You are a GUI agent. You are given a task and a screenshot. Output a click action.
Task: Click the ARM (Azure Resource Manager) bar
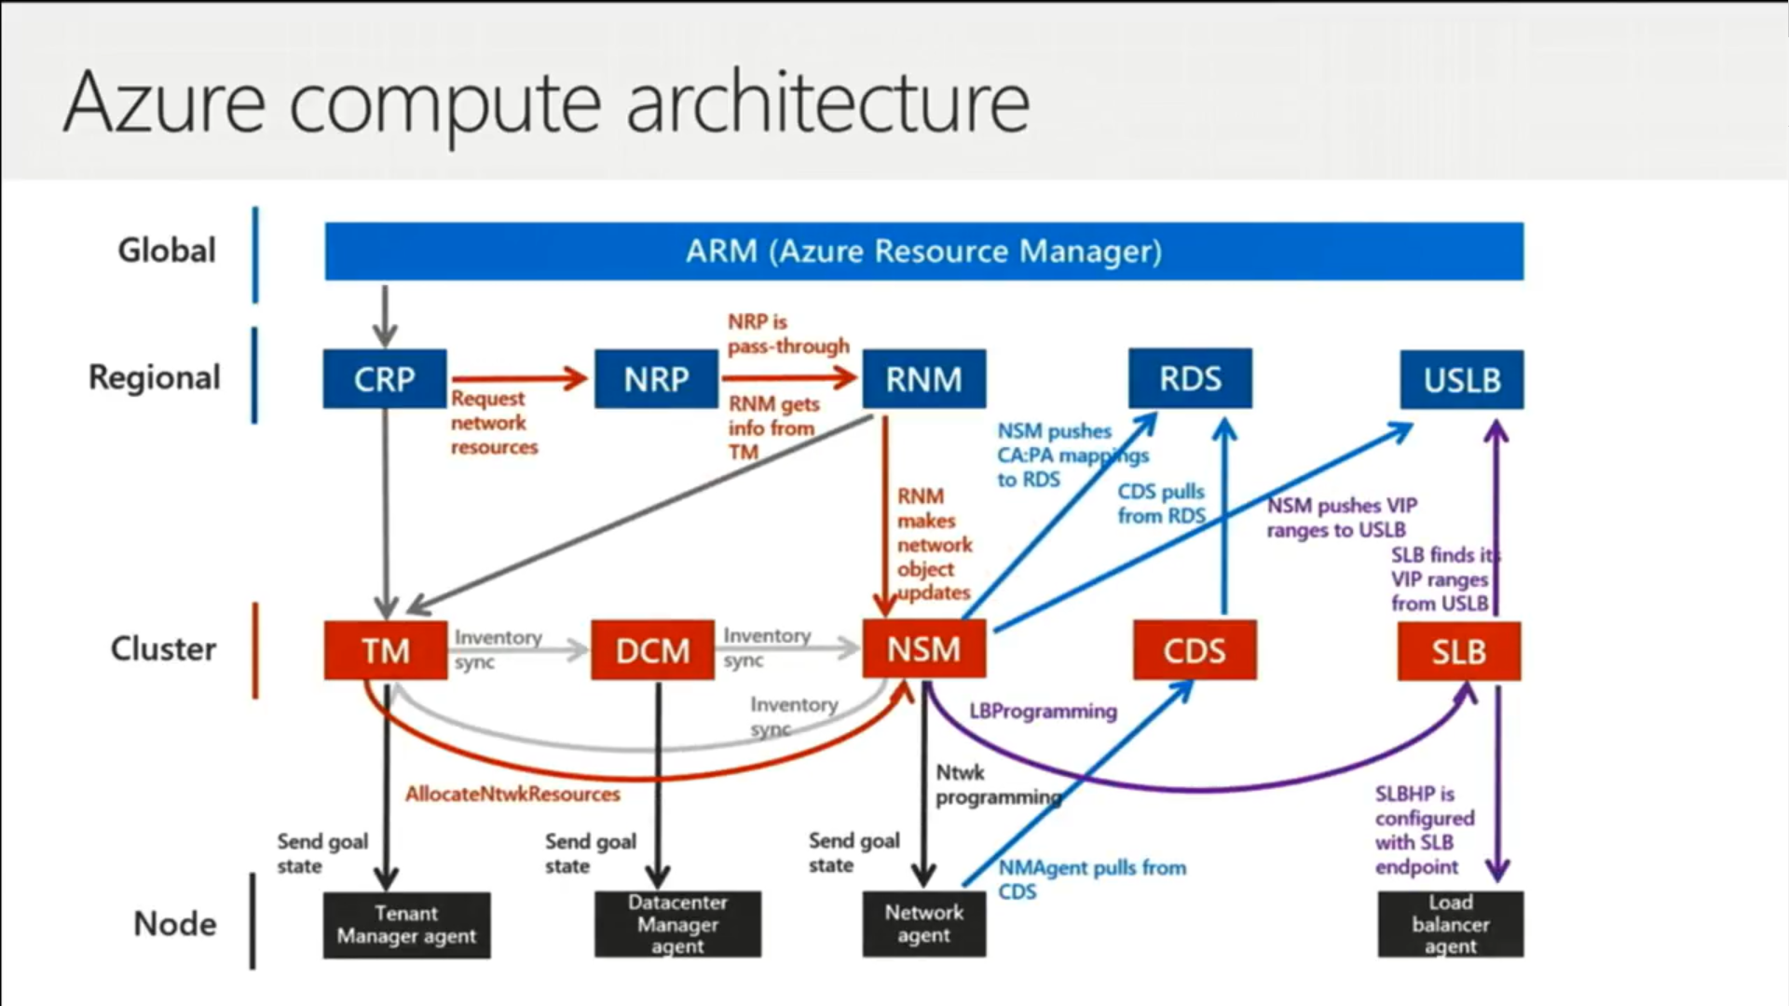[x=924, y=251]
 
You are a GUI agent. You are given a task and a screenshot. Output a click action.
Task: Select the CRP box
[x=385, y=379]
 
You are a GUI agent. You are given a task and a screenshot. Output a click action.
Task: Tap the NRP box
[x=657, y=379]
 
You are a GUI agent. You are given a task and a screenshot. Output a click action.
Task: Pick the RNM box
[x=924, y=379]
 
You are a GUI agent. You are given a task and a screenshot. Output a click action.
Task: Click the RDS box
[x=1191, y=378]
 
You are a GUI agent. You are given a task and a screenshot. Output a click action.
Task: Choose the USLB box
[x=1462, y=379]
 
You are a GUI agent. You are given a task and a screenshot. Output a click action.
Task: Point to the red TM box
[x=386, y=650]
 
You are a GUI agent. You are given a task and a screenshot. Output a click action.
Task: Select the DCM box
[x=653, y=650]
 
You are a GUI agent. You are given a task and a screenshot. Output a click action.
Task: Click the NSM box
[x=924, y=648]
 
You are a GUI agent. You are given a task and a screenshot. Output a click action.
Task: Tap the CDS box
[x=1195, y=650]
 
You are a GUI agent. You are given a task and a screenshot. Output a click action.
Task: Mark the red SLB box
[x=1459, y=651]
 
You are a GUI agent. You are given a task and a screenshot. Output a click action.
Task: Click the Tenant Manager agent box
[x=407, y=925]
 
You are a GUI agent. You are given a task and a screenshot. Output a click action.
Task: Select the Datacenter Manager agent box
[x=678, y=924]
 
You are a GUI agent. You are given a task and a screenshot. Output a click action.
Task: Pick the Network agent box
[x=924, y=924]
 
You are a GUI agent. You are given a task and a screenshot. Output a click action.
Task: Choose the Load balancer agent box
[x=1451, y=924]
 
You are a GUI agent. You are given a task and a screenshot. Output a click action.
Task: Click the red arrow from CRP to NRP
[x=520, y=378]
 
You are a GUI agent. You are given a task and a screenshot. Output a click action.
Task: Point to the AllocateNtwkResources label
[x=512, y=795]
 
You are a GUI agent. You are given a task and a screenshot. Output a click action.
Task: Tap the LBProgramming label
[x=1043, y=712]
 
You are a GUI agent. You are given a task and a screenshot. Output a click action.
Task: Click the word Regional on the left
[x=155, y=378]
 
